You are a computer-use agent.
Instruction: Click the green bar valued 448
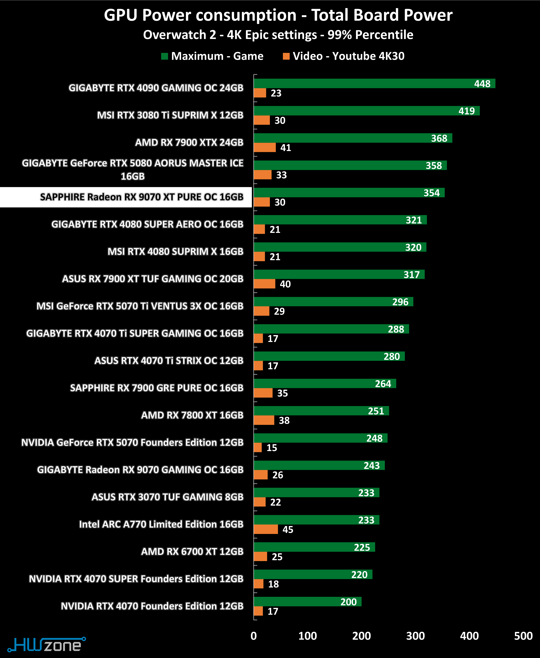coord(373,84)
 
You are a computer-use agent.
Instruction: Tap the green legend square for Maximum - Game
coord(165,56)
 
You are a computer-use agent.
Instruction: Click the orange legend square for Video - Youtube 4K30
coord(286,56)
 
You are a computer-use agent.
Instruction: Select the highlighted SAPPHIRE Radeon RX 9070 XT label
coord(142,197)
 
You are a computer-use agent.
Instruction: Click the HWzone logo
coord(47,645)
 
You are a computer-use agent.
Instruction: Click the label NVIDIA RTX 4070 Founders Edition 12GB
coord(152,606)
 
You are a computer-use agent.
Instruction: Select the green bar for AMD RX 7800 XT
coord(320,411)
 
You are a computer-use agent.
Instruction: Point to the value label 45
coord(288,530)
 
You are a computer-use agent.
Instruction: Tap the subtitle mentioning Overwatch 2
coord(278,35)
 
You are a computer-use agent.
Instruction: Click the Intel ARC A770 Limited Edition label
coord(161,524)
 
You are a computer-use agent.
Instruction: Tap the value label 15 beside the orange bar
coord(272,448)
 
